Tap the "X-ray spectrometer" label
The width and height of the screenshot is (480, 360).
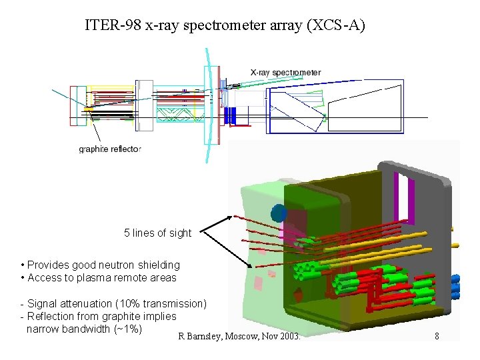[285, 72]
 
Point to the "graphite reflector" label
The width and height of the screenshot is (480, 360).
[110, 149]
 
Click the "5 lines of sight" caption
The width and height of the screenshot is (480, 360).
[157, 233]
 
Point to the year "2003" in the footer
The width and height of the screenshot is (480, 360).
[290, 337]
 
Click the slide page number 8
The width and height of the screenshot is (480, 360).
[437, 337]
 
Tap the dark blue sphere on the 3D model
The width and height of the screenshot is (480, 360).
[279, 213]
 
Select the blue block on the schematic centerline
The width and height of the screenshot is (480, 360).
[231, 116]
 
